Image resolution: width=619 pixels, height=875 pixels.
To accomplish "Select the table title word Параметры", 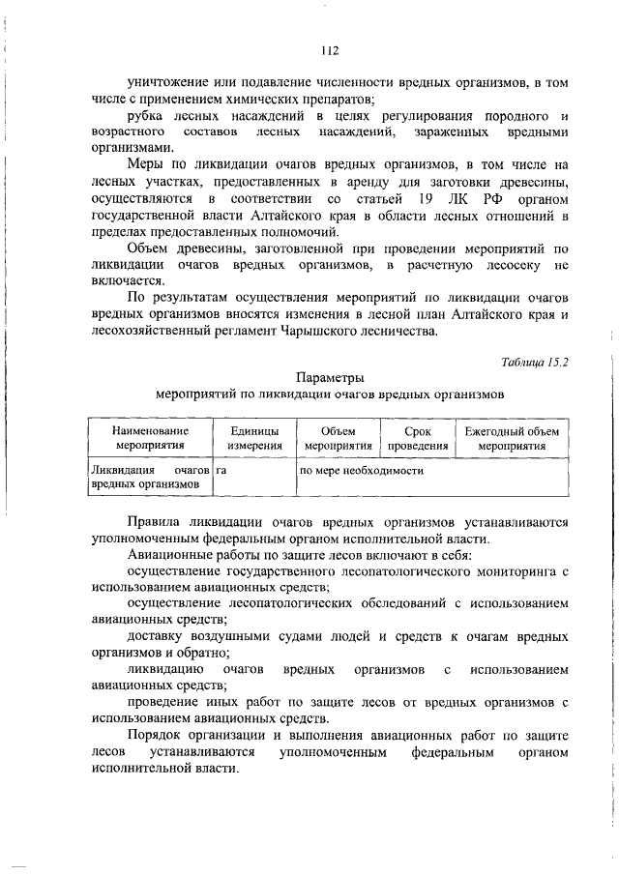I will tap(329, 377).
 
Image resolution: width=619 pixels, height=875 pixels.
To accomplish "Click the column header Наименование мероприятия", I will tap(149, 438).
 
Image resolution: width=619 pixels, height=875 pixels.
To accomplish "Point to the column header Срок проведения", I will tap(418, 438).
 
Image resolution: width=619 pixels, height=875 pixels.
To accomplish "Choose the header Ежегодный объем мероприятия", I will tap(512, 438).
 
